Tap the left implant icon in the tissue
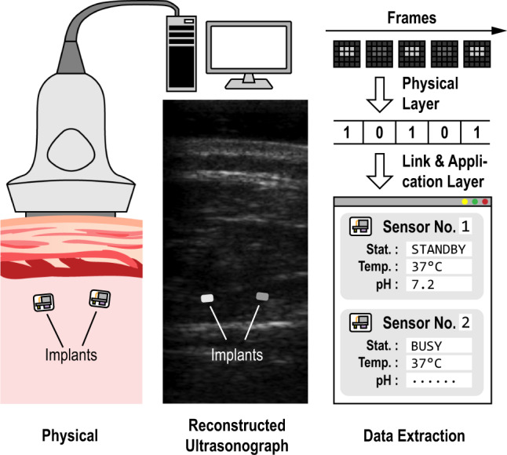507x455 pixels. [x=42, y=303]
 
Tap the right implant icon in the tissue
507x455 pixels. [x=100, y=299]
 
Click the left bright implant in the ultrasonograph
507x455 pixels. [x=206, y=298]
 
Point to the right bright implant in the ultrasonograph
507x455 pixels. [x=263, y=297]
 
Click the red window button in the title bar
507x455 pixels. [x=485, y=202]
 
